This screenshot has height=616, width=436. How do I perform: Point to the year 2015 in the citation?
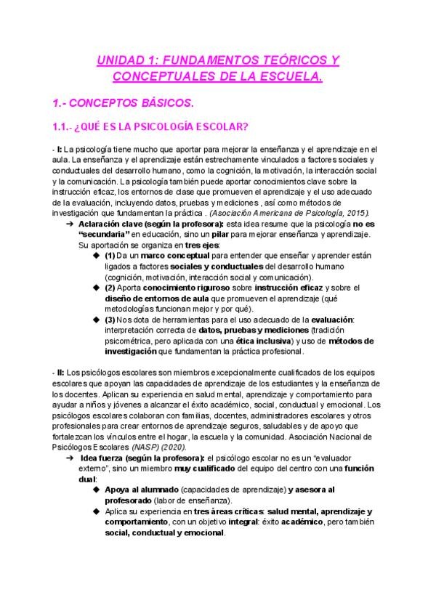pyautogui.click(x=355, y=212)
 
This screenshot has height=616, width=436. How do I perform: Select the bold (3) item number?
pyautogui.click(x=110, y=319)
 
